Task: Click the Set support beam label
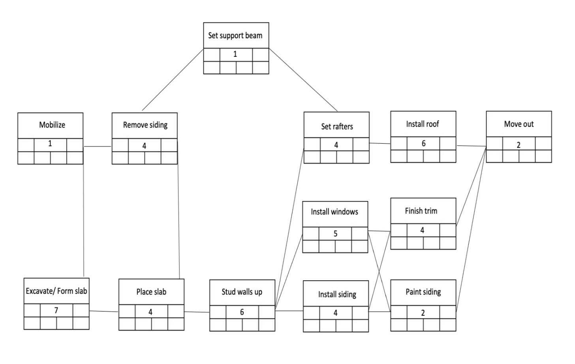[235, 36]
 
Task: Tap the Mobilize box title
[52, 125]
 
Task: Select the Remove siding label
[145, 125]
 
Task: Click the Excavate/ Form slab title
[56, 291]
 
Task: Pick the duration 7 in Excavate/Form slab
[56, 310]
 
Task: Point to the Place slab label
[151, 292]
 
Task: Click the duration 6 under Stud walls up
[242, 312]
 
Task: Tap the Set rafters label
[337, 126]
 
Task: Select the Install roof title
[423, 124]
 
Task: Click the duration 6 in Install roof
[423, 144]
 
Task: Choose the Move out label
[519, 124]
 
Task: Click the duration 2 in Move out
[519, 145]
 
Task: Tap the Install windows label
[334, 212]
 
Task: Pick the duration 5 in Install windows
[335, 233]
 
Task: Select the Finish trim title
[421, 211]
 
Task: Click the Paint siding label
[423, 292]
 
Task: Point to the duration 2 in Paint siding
[423, 313]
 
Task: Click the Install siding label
[337, 294]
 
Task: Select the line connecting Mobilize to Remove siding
[98, 146]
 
